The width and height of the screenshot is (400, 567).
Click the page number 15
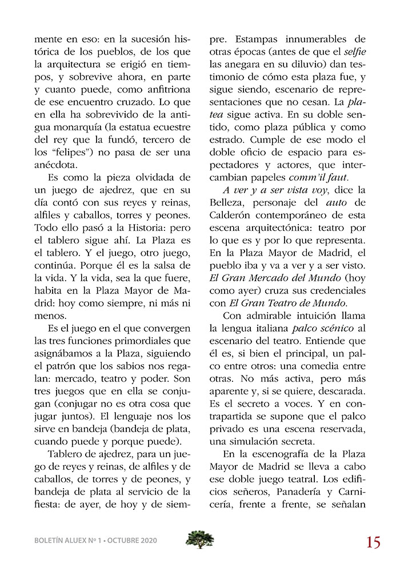tap(374, 542)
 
